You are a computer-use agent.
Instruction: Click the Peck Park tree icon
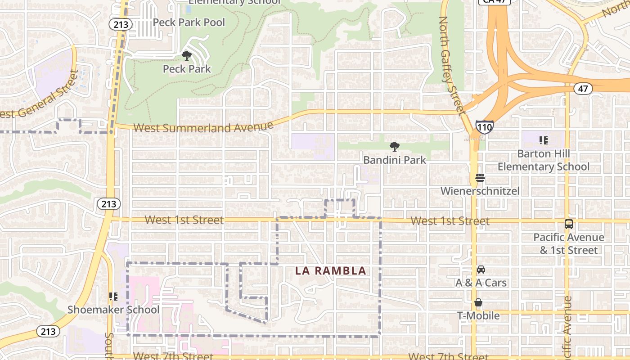[x=186, y=56]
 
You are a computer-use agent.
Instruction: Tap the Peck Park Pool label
[x=189, y=22]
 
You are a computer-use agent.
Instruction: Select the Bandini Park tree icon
[x=395, y=146]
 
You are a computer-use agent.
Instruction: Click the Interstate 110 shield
[x=484, y=127]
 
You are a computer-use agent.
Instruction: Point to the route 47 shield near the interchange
[x=583, y=89]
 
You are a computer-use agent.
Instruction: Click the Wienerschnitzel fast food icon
[x=480, y=178]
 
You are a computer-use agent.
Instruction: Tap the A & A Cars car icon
[x=481, y=270]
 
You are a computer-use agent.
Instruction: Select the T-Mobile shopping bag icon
[x=478, y=303]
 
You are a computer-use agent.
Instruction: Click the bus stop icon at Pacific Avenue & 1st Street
[x=569, y=224]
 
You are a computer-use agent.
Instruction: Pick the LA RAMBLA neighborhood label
[x=330, y=271]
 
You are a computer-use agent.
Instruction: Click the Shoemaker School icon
[x=113, y=297]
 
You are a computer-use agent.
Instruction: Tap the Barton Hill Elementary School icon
[x=543, y=140]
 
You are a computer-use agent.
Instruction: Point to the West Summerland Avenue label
[x=203, y=128]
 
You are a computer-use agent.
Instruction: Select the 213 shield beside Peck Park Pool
[x=121, y=24]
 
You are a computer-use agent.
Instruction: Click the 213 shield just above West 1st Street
[x=108, y=204]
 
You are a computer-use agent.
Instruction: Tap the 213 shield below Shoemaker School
[x=47, y=332]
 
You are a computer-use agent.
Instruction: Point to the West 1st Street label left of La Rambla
[x=184, y=220]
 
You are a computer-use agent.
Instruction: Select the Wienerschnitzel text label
[x=480, y=191]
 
